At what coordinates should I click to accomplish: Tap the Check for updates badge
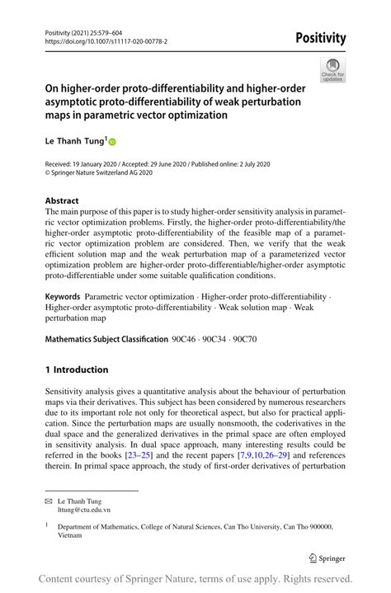pyautogui.click(x=333, y=71)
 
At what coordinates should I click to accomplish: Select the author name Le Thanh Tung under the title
pyautogui.click(x=73, y=141)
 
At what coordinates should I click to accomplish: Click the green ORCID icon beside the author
pyautogui.click(x=112, y=142)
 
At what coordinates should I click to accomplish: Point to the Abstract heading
pyautogui.click(x=62, y=200)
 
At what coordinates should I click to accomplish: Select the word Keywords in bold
pyautogui.click(x=63, y=295)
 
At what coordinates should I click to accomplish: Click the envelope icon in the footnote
pyautogui.click(x=48, y=501)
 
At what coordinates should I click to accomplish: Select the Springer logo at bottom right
pyautogui.click(x=325, y=558)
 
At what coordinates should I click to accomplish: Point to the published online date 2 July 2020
pyautogui.click(x=249, y=164)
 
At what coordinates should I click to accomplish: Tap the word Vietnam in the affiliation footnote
pyautogui.click(x=71, y=535)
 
